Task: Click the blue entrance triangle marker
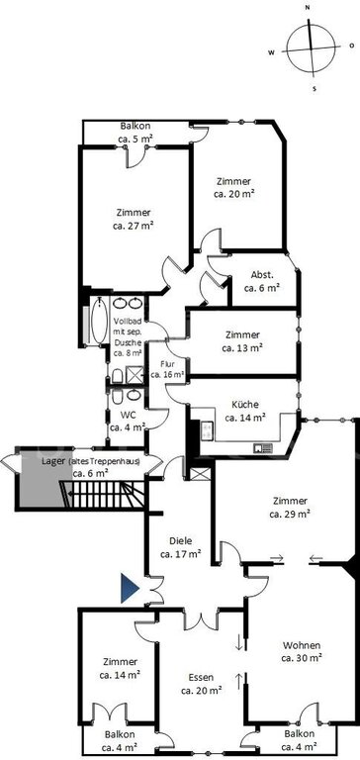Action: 129,588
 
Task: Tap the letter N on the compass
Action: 308,8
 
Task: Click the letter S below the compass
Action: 314,89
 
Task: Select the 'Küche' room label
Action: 245,404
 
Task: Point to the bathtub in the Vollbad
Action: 99,321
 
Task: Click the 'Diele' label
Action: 181,541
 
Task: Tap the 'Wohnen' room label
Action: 302,645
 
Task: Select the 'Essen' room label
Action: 202,677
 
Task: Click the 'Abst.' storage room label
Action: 262,275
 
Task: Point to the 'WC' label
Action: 128,415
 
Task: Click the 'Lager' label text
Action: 53,461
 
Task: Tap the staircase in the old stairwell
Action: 103,494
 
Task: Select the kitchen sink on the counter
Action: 263,449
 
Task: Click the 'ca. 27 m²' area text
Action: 134,225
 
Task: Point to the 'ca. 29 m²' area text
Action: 290,514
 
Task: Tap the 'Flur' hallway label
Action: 167,364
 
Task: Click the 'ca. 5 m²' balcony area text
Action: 136,139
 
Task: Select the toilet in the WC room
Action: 118,397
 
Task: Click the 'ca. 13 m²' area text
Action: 242,347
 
